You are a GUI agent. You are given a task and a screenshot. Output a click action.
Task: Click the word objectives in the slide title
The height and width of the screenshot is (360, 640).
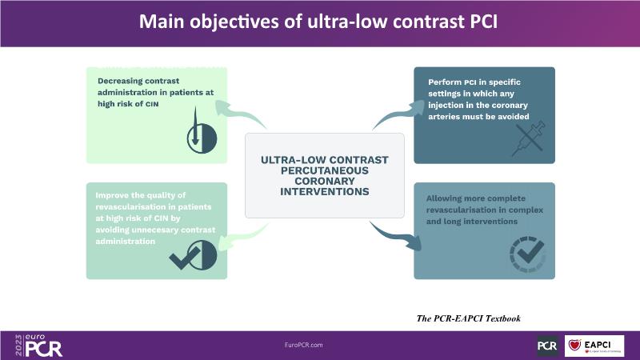tap(265, 21)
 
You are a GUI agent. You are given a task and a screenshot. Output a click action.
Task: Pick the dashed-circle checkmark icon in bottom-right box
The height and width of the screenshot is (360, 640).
tap(527, 254)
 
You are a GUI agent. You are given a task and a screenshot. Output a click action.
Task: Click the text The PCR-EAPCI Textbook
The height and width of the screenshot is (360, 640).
tap(469, 318)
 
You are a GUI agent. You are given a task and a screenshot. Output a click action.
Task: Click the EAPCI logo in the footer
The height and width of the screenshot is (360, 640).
tap(594, 346)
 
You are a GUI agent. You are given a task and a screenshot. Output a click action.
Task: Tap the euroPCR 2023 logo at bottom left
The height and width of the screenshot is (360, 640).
tap(37, 346)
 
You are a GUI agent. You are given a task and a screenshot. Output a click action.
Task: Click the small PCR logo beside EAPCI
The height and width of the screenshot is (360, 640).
tap(547, 346)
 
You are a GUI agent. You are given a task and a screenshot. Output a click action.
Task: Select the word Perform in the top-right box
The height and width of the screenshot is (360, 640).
tap(444, 81)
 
